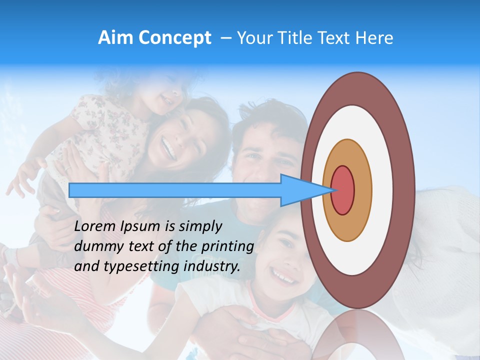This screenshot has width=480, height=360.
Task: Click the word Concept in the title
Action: coord(175,38)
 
